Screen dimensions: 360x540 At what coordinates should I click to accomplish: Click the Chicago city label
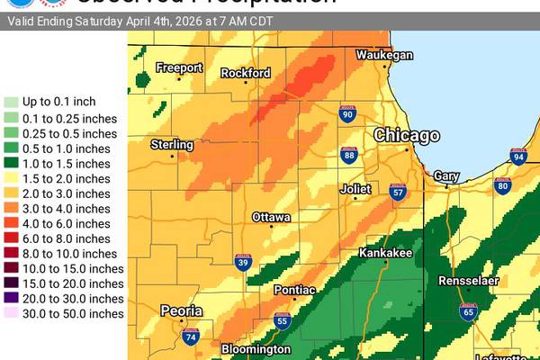click(x=408, y=135)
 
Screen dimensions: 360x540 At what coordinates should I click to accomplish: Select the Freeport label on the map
click(x=179, y=67)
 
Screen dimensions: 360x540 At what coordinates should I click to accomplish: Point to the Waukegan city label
click(x=384, y=56)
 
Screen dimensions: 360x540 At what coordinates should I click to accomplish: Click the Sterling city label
click(x=172, y=145)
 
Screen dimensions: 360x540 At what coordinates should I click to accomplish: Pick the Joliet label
click(x=355, y=189)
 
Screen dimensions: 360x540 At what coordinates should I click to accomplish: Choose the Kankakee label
click(x=385, y=254)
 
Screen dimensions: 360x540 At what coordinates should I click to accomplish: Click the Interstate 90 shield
click(x=347, y=113)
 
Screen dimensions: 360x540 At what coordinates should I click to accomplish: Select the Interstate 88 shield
click(x=349, y=156)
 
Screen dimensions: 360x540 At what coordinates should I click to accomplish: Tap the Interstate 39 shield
click(x=244, y=262)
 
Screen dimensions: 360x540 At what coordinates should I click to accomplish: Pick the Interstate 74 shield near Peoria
click(x=190, y=337)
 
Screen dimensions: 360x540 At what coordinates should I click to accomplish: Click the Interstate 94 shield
click(x=518, y=157)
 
